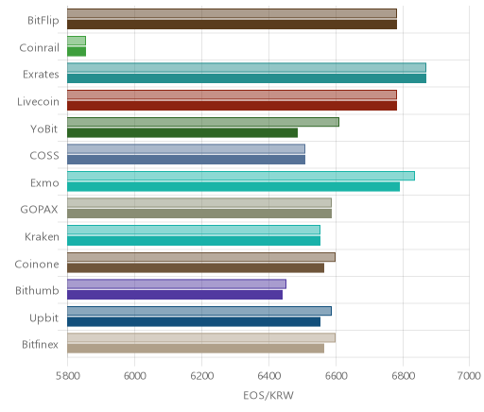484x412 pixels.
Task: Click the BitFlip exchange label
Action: (43, 21)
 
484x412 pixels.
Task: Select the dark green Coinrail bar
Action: (77, 52)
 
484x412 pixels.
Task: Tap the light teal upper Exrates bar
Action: (247, 68)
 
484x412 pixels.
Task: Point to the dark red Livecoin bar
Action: (233, 106)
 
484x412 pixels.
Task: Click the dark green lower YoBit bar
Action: (182, 133)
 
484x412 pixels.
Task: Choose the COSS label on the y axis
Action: (44, 156)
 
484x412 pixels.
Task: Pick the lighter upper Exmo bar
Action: (241, 176)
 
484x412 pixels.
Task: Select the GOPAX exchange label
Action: (40, 210)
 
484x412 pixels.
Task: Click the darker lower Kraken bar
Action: (194, 241)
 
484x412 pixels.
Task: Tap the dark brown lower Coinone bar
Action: (196, 268)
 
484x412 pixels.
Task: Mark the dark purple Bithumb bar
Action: (175, 295)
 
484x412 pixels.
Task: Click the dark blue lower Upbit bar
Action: (194, 322)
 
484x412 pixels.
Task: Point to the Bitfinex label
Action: (40, 345)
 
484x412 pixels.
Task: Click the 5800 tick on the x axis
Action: (67, 376)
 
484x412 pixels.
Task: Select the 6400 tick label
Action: (269, 376)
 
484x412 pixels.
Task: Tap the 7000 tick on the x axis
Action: (469, 376)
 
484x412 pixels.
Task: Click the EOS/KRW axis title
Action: (268, 395)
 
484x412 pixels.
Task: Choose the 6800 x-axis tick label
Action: (403, 376)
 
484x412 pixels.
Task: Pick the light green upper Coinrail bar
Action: (77, 41)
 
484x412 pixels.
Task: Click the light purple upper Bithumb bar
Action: (177, 284)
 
